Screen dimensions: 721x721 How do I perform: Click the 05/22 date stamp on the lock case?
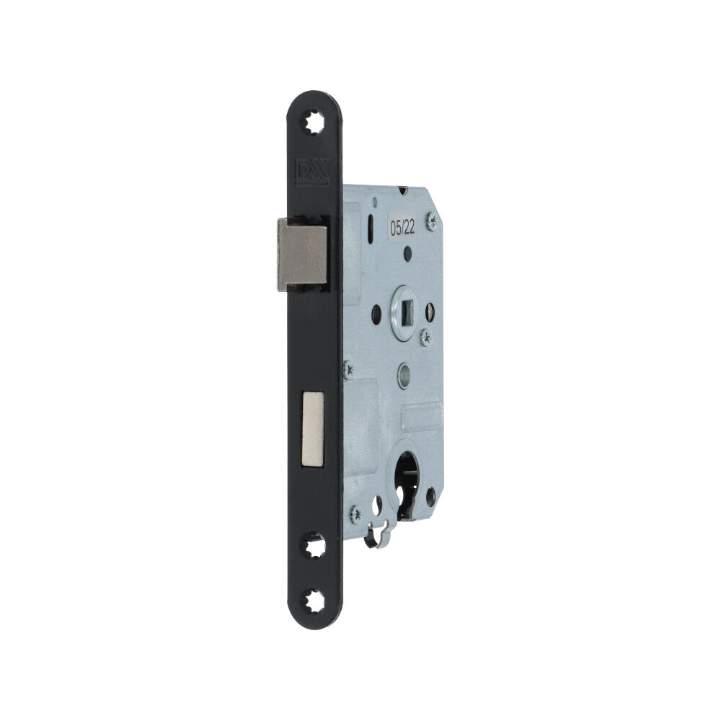click(x=402, y=227)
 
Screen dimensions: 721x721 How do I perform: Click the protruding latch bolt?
click(x=302, y=255)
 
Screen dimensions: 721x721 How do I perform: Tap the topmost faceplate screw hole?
click(x=313, y=122)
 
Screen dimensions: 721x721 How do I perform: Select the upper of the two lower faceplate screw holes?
click(x=313, y=545)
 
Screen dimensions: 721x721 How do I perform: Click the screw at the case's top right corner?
click(x=431, y=221)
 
